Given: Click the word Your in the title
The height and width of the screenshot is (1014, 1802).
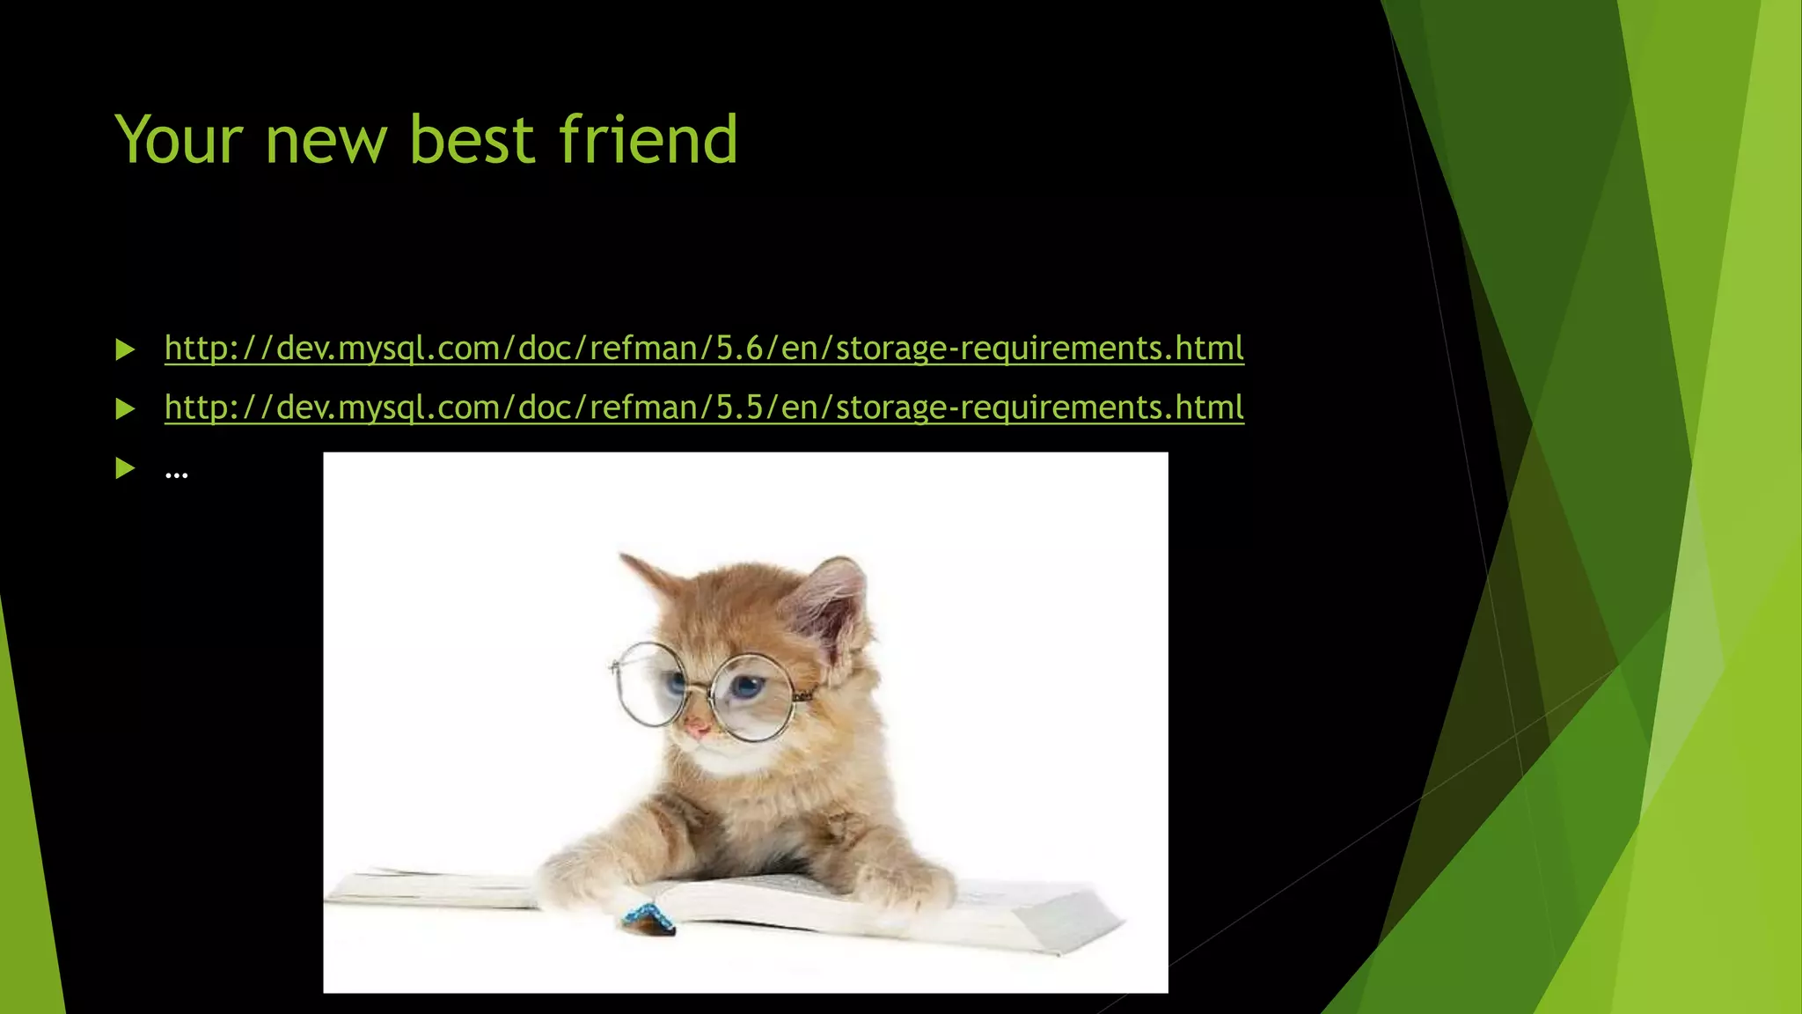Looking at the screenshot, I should point(179,140).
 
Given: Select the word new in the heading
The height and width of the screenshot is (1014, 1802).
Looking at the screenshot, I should point(326,140).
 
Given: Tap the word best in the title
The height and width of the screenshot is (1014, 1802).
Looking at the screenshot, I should point(472,140).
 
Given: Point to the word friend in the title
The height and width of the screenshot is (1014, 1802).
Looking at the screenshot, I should point(648,140).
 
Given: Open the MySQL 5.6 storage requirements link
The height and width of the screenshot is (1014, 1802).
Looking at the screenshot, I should point(704,349).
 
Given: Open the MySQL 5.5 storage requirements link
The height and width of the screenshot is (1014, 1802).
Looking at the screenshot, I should point(704,408).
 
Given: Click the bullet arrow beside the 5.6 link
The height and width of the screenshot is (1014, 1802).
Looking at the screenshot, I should point(125,350).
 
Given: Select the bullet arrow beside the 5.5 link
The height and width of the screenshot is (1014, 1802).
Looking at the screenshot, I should point(125,409).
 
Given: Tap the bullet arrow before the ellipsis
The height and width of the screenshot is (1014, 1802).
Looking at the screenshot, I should point(125,468).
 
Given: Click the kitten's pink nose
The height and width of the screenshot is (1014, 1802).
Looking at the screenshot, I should point(697,728).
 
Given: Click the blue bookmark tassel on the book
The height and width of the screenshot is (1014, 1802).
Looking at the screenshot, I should point(648,918).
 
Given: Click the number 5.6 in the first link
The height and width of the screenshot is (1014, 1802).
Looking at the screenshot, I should point(739,349).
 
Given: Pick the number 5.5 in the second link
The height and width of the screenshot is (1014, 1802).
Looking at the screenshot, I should point(739,408).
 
